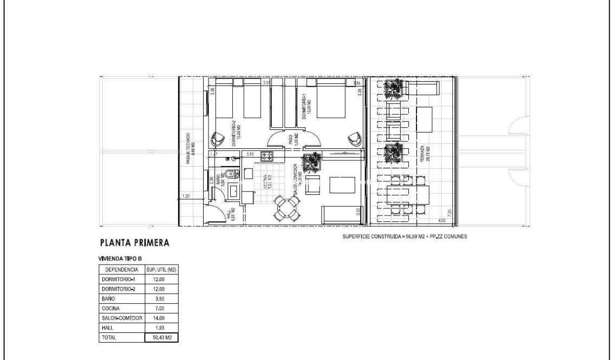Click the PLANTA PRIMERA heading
[x=135, y=243]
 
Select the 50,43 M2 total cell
[x=161, y=337]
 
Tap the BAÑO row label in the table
[x=108, y=298]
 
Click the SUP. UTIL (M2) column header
[x=161, y=269]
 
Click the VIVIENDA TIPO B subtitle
[x=120, y=259]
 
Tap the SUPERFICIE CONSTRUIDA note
[x=405, y=237]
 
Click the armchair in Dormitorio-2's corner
[x=219, y=139]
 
